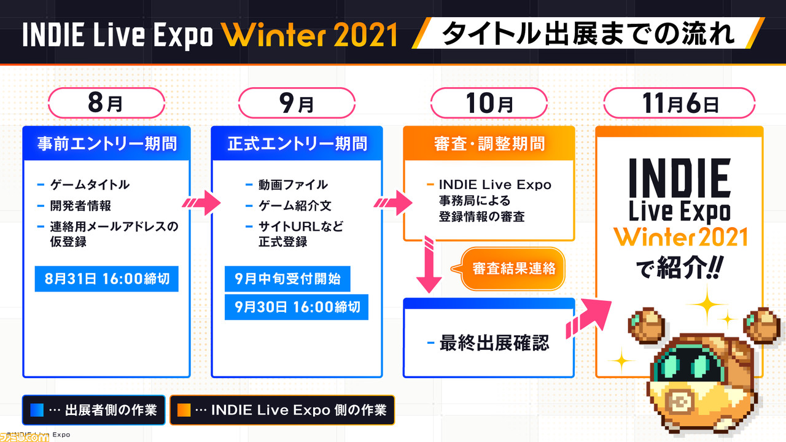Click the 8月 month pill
[x=106, y=103]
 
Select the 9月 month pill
[x=297, y=103]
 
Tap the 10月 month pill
[x=489, y=103]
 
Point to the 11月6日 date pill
[x=680, y=103]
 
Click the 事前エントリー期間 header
[x=107, y=144]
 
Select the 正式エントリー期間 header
[x=297, y=144]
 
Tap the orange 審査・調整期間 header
[x=489, y=144]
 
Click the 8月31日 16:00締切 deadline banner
[x=107, y=279]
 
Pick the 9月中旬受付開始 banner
[x=287, y=279]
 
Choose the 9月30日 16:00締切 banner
[x=297, y=307]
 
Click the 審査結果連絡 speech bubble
[x=509, y=269]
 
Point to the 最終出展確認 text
[x=494, y=343]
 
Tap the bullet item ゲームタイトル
[x=90, y=185]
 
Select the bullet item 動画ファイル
[x=293, y=185]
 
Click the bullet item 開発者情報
[x=80, y=206]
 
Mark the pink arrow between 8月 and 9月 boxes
[x=201, y=203]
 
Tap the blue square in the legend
[x=37, y=409]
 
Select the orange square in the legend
[x=184, y=409]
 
